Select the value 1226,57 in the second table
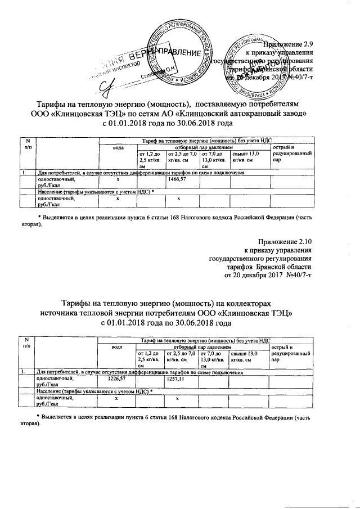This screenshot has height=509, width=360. click(x=116, y=378)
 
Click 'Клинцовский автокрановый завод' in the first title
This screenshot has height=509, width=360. click(x=248, y=113)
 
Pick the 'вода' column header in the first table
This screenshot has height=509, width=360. click(x=118, y=147)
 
